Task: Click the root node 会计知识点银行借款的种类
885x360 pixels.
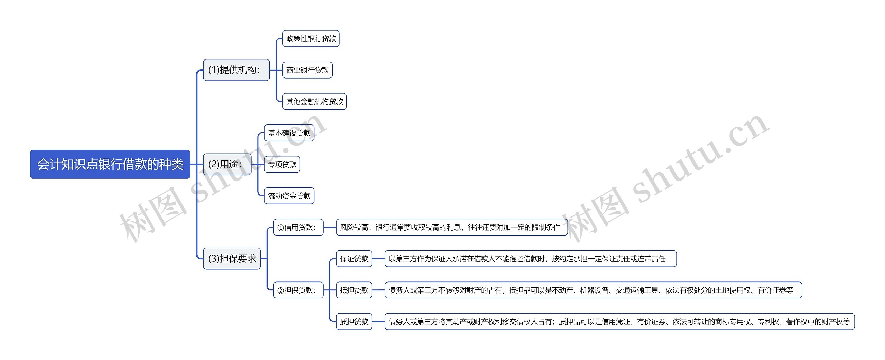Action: (110, 164)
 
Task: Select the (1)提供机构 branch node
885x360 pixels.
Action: (236, 70)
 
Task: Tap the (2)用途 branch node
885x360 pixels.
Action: (227, 164)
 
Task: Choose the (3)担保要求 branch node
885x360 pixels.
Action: (232, 258)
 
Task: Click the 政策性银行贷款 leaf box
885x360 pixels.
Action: (311, 38)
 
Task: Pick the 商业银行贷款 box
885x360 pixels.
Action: (307, 70)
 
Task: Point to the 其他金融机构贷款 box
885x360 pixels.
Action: (314, 101)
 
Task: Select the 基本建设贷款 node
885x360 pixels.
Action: (289, 133)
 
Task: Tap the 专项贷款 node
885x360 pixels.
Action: (282, 164)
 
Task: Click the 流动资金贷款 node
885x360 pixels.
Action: (289, 196)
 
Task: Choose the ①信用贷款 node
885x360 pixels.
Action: (298, 227)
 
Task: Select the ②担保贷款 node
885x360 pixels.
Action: (298, 290)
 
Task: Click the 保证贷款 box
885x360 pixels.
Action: (354, 259)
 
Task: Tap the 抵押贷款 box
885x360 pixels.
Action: (354, 290)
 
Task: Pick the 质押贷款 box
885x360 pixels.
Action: (354, 322)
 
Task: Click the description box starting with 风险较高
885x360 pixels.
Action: (451, 227)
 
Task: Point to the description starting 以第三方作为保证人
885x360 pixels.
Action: (530, 259)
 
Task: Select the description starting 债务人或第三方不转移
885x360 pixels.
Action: (593, 290)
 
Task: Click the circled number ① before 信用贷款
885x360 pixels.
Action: (280, 228)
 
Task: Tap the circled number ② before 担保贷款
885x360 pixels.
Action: (280, 290)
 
